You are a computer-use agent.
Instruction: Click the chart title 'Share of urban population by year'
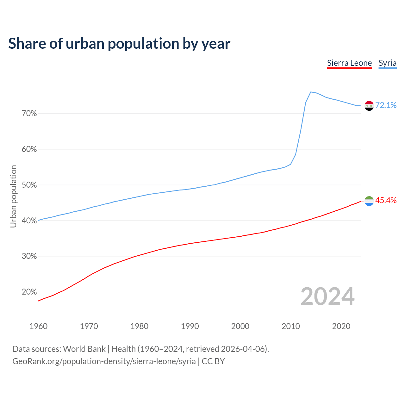point(119,44)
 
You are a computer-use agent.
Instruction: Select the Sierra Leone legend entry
point(349,63)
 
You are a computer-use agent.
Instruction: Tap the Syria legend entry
point(387,63)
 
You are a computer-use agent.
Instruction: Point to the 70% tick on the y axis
point(29,114)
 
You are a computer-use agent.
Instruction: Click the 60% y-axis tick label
point(29,149)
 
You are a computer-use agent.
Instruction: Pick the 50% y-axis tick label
point(29,185)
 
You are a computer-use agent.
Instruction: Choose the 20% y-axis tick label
point(29,292)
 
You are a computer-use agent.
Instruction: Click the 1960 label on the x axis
point(38,326)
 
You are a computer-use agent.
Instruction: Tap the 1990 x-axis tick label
point(190,326)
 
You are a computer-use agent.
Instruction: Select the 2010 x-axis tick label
point(291,326)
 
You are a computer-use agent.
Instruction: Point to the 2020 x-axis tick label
point(341,326)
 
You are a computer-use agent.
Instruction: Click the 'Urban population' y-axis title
point(13,196)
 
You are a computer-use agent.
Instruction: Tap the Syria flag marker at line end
point(369,106)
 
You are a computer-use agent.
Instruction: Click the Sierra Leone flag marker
point(369,201)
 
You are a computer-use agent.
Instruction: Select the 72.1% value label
point(386,105)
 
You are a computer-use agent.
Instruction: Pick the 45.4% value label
point(386,201)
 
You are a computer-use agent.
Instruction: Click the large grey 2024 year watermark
point(327,297)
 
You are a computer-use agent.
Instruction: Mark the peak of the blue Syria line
point(311,92)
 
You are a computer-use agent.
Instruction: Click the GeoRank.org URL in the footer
point(104,361)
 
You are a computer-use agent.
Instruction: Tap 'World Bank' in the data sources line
point(84,349)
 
